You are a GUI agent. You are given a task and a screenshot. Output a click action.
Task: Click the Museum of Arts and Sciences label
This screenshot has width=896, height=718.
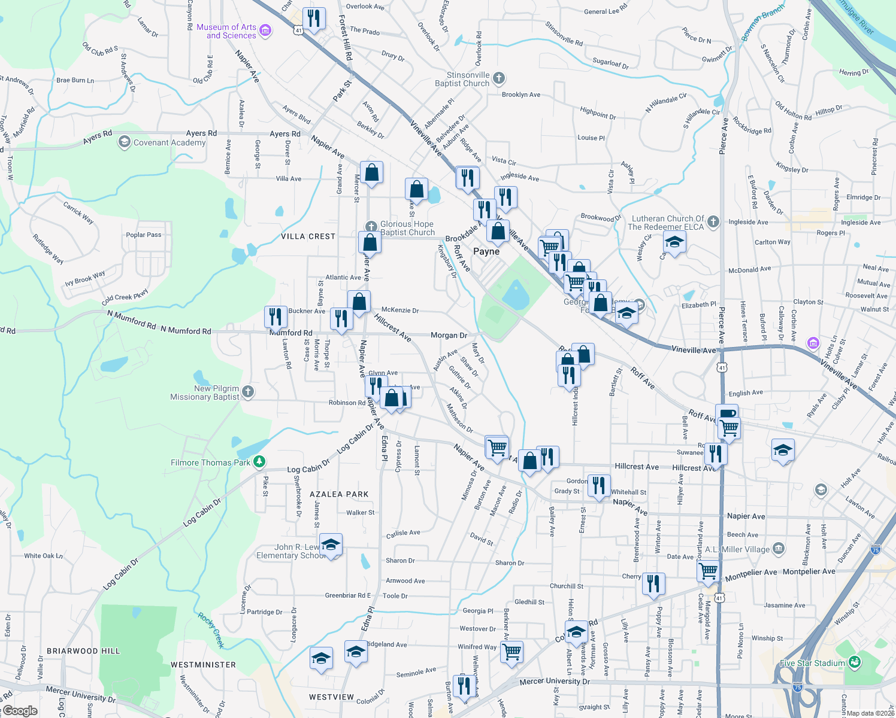pos(226,31)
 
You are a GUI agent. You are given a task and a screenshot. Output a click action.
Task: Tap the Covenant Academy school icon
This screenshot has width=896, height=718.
pos(124,142)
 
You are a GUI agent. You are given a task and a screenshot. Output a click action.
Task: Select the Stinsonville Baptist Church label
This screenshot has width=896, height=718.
pos(462,79)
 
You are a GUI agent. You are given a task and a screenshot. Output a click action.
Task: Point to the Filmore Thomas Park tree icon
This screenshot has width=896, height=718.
pos(259,461)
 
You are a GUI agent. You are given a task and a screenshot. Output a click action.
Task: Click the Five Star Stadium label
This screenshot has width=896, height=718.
pos(812,663)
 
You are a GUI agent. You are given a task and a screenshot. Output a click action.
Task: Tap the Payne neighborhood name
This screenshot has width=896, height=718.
pos(486,251)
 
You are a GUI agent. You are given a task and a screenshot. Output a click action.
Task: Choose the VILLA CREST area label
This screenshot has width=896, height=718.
pos(308,236)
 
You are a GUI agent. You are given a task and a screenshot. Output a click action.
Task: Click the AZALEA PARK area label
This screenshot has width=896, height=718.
pos(339,494)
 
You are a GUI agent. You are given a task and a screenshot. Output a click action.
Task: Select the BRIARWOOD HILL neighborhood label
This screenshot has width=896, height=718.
pos(83,651)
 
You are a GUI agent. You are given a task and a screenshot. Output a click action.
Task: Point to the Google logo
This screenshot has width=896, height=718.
pos(20,711)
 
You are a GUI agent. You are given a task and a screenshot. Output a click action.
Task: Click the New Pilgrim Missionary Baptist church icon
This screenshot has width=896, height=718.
pos(248,392)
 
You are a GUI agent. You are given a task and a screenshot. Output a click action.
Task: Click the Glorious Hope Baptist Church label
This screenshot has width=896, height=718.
pos(407,228)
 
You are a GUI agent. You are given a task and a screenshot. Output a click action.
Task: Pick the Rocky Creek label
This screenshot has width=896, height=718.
pos(211,630)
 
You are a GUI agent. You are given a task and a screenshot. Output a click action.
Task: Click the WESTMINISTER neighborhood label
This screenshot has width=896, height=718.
pos(203,665)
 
